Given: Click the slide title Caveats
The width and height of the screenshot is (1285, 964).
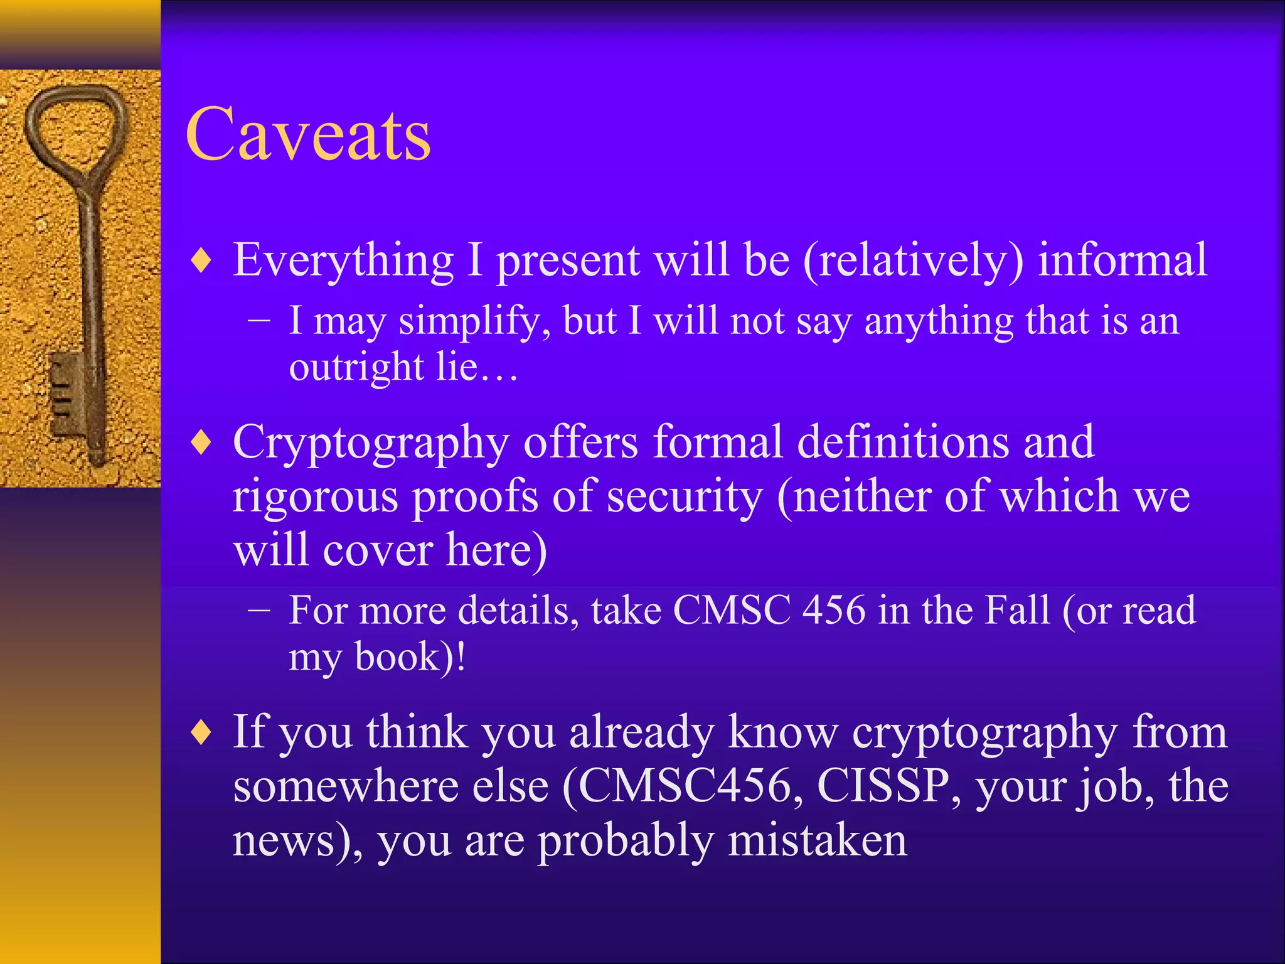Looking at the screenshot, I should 308,134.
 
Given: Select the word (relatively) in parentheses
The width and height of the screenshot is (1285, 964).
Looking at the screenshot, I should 913,260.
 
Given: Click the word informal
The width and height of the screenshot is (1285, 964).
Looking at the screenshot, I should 1122,260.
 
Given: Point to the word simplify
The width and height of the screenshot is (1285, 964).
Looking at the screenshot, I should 474,321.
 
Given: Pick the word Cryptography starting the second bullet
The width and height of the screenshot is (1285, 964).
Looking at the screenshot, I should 370,443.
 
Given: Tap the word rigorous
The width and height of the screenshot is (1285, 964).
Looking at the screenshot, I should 315,496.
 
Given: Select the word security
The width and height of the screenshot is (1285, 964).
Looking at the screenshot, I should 685,496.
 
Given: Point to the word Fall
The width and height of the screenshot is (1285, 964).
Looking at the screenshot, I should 1016,610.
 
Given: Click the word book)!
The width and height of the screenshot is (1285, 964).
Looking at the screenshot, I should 410,657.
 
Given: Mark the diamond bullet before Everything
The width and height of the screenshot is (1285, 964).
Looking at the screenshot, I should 201,261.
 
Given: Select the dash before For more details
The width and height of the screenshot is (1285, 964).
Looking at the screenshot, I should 259,610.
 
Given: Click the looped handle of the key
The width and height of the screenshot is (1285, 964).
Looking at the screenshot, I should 75,132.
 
